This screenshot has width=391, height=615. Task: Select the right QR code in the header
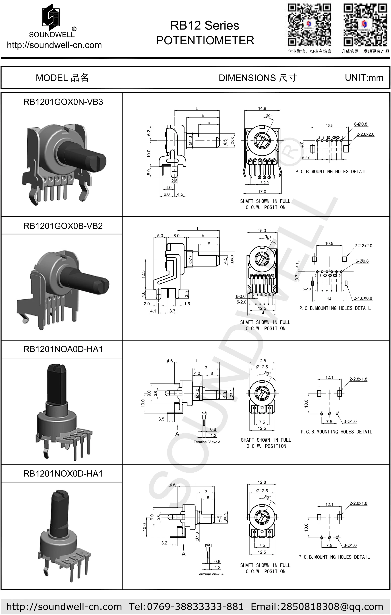point(365,25)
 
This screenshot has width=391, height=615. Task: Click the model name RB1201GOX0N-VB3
point(63,102)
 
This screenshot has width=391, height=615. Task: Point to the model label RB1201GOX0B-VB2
point(63,226)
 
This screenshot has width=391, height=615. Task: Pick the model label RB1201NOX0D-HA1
point(63,473)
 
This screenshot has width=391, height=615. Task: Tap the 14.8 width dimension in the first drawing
point(262,108)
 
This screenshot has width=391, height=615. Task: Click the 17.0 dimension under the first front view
point(262,192)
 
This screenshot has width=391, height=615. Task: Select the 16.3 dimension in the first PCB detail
point(329,125)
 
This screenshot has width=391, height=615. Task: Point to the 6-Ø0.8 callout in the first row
point(361,124)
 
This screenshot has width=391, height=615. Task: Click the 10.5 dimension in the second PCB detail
point(329,243)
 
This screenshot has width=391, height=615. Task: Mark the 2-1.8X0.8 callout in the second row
point(363,298)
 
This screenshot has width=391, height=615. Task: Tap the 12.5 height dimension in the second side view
point(143,274)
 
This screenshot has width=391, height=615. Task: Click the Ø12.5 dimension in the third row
point(262,367)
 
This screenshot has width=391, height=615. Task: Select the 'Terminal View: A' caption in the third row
point(207,442)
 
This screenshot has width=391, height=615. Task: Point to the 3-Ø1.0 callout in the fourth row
point(350,545)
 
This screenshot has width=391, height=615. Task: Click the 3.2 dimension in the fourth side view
point(164,543)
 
